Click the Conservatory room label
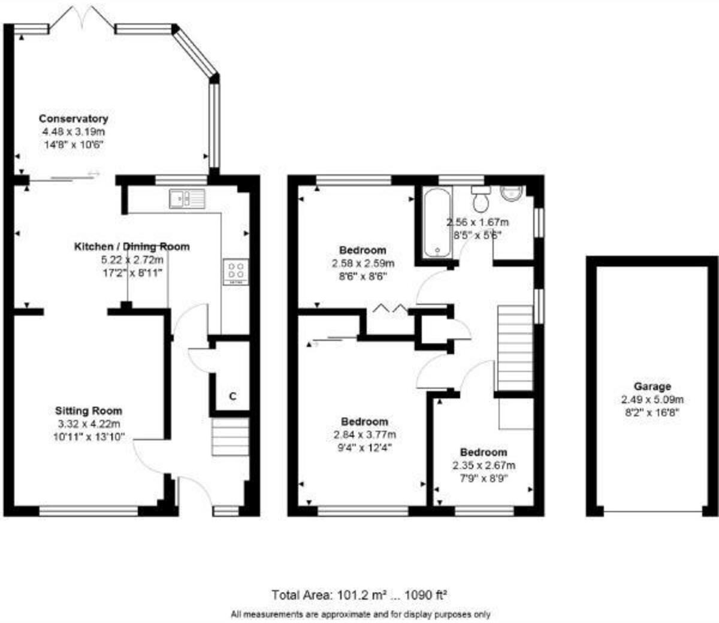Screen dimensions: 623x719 pos(73,119)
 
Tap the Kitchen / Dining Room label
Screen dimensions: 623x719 pos(131,247)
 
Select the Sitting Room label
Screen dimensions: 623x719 pos(89,411)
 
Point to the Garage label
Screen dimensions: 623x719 pos(652,386)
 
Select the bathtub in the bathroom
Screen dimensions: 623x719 pos(436,223)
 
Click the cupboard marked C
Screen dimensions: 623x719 pos(232,396)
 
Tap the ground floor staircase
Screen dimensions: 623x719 pos(230,437)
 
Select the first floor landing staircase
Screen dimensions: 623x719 pos(515,347)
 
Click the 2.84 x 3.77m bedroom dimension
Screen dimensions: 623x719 pos(364,435)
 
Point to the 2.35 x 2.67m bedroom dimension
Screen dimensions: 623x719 pos(484,465)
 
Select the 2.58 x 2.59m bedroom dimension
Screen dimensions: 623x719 pos(363,264)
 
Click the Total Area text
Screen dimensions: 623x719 pos(359,595)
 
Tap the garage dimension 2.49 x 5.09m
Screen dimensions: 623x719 pos(652,400)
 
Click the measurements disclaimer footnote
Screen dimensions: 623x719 pos(361,614)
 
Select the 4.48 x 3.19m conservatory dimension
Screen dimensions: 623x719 pos(73,132)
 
